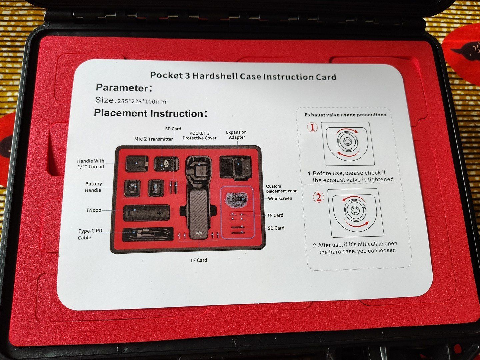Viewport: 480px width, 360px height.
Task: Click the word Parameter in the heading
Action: tap(122, 88)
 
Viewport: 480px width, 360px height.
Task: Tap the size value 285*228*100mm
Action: tap(142, 102)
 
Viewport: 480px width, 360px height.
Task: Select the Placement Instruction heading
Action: tap(149, 113)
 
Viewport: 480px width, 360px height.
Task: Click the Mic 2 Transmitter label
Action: tap(154, 139)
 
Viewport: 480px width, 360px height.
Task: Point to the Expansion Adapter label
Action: tap(236, 135)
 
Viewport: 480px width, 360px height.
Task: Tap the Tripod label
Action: tap(94, 210)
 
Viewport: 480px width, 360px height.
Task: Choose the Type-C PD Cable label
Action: tap(90, 234)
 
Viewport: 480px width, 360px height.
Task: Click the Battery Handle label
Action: tap(93, 187)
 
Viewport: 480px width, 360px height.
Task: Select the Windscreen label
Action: tap(280, 198)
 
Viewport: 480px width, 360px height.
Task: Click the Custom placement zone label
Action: tap(281, 189)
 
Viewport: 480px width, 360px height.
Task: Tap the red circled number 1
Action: tap(312, 127)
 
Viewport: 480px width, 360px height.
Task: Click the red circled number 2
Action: tap(319, 197)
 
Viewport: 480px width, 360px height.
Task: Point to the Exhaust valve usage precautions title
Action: tap(345, 115)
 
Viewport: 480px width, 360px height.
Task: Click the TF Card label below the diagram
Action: tap(199, 260)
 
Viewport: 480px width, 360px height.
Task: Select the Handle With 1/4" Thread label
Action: tap(91, 164)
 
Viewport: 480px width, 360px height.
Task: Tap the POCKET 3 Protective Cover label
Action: tap(199, 136)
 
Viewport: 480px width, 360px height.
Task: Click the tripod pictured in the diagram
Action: tap(147, 213)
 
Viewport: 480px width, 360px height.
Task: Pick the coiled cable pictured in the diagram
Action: tap(148, 235)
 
